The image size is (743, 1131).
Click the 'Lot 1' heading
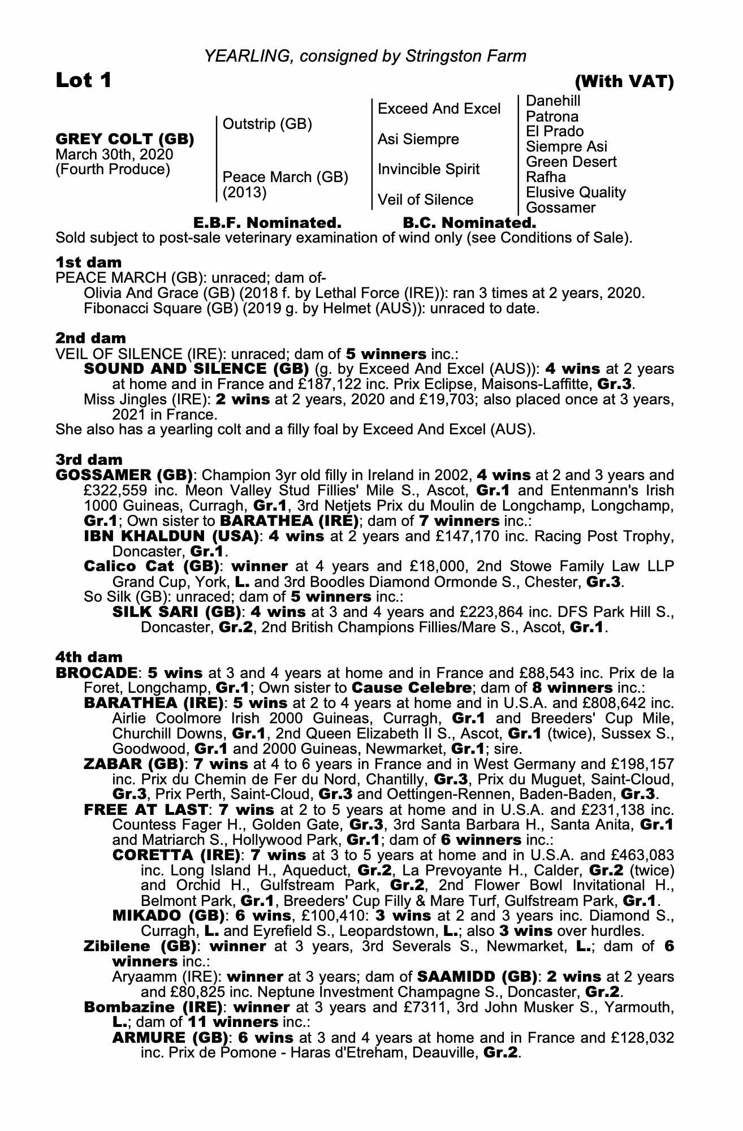tap(84, 81)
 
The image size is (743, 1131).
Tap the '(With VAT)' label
tap(624, 83)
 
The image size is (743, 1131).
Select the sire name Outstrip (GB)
tap(267, 124)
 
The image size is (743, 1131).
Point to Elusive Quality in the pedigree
tap(576, 192)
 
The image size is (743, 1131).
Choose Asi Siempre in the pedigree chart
tap(418, 139)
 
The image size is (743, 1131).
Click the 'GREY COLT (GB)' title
tap(125, 139)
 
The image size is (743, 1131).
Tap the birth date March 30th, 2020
tap(114, 154)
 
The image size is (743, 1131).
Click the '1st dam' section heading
tap(88, 262)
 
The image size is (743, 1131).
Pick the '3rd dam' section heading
tap(89, 459)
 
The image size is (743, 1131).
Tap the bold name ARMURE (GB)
tap(171, 1038)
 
